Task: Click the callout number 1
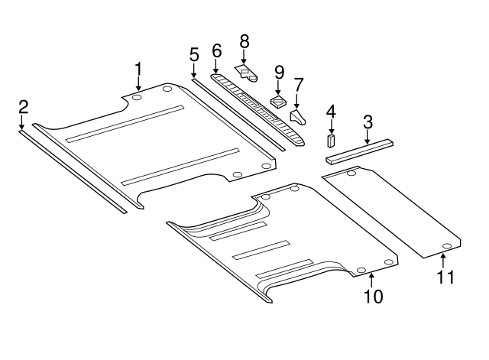[138, 69]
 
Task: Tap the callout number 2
[23, 106]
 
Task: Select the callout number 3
[368, 121]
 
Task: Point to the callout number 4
[331, 112]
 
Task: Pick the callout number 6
[216, 51]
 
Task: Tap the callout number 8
[244, 41]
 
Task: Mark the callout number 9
[279, 72]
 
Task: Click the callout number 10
[373, 295]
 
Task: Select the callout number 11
[445, 277]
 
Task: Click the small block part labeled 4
[332, 141]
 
